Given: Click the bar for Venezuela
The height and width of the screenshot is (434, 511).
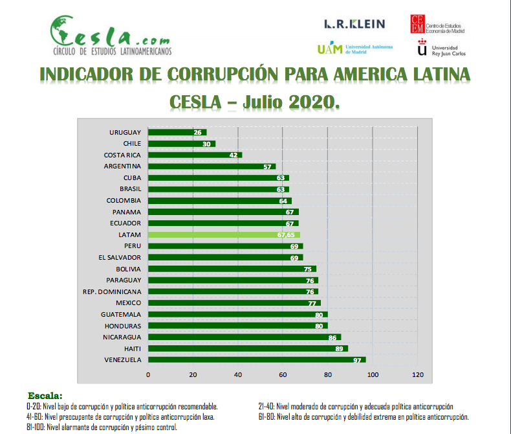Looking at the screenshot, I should pyautogui.click(x=257, y=360).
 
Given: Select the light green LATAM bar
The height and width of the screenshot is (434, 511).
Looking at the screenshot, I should pyautogui.click(x=224, y=234).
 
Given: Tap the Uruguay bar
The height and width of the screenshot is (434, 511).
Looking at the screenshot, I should pyautogui.click(x=177, y=132).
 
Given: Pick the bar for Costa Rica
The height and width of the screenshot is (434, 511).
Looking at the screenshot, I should pyautogui.click(x=195, y=155).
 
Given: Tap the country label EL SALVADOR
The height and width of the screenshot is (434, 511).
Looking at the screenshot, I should pyautogui.click(x=120, y=257).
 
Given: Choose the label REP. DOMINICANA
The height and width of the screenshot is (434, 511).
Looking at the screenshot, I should pyautogui.click(x=113, y=291).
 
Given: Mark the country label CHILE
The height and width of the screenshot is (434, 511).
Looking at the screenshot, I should pyautogui.click(x=132, y=144).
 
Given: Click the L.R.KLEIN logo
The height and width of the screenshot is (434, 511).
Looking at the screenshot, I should pyautogui.click(x=354, y=24).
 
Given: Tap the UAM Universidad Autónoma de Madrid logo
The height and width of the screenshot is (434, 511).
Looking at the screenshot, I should pyautogui.click(x=351, y=49).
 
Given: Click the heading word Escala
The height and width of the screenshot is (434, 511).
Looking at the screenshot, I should pyautogui.click(x=45, y=395).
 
